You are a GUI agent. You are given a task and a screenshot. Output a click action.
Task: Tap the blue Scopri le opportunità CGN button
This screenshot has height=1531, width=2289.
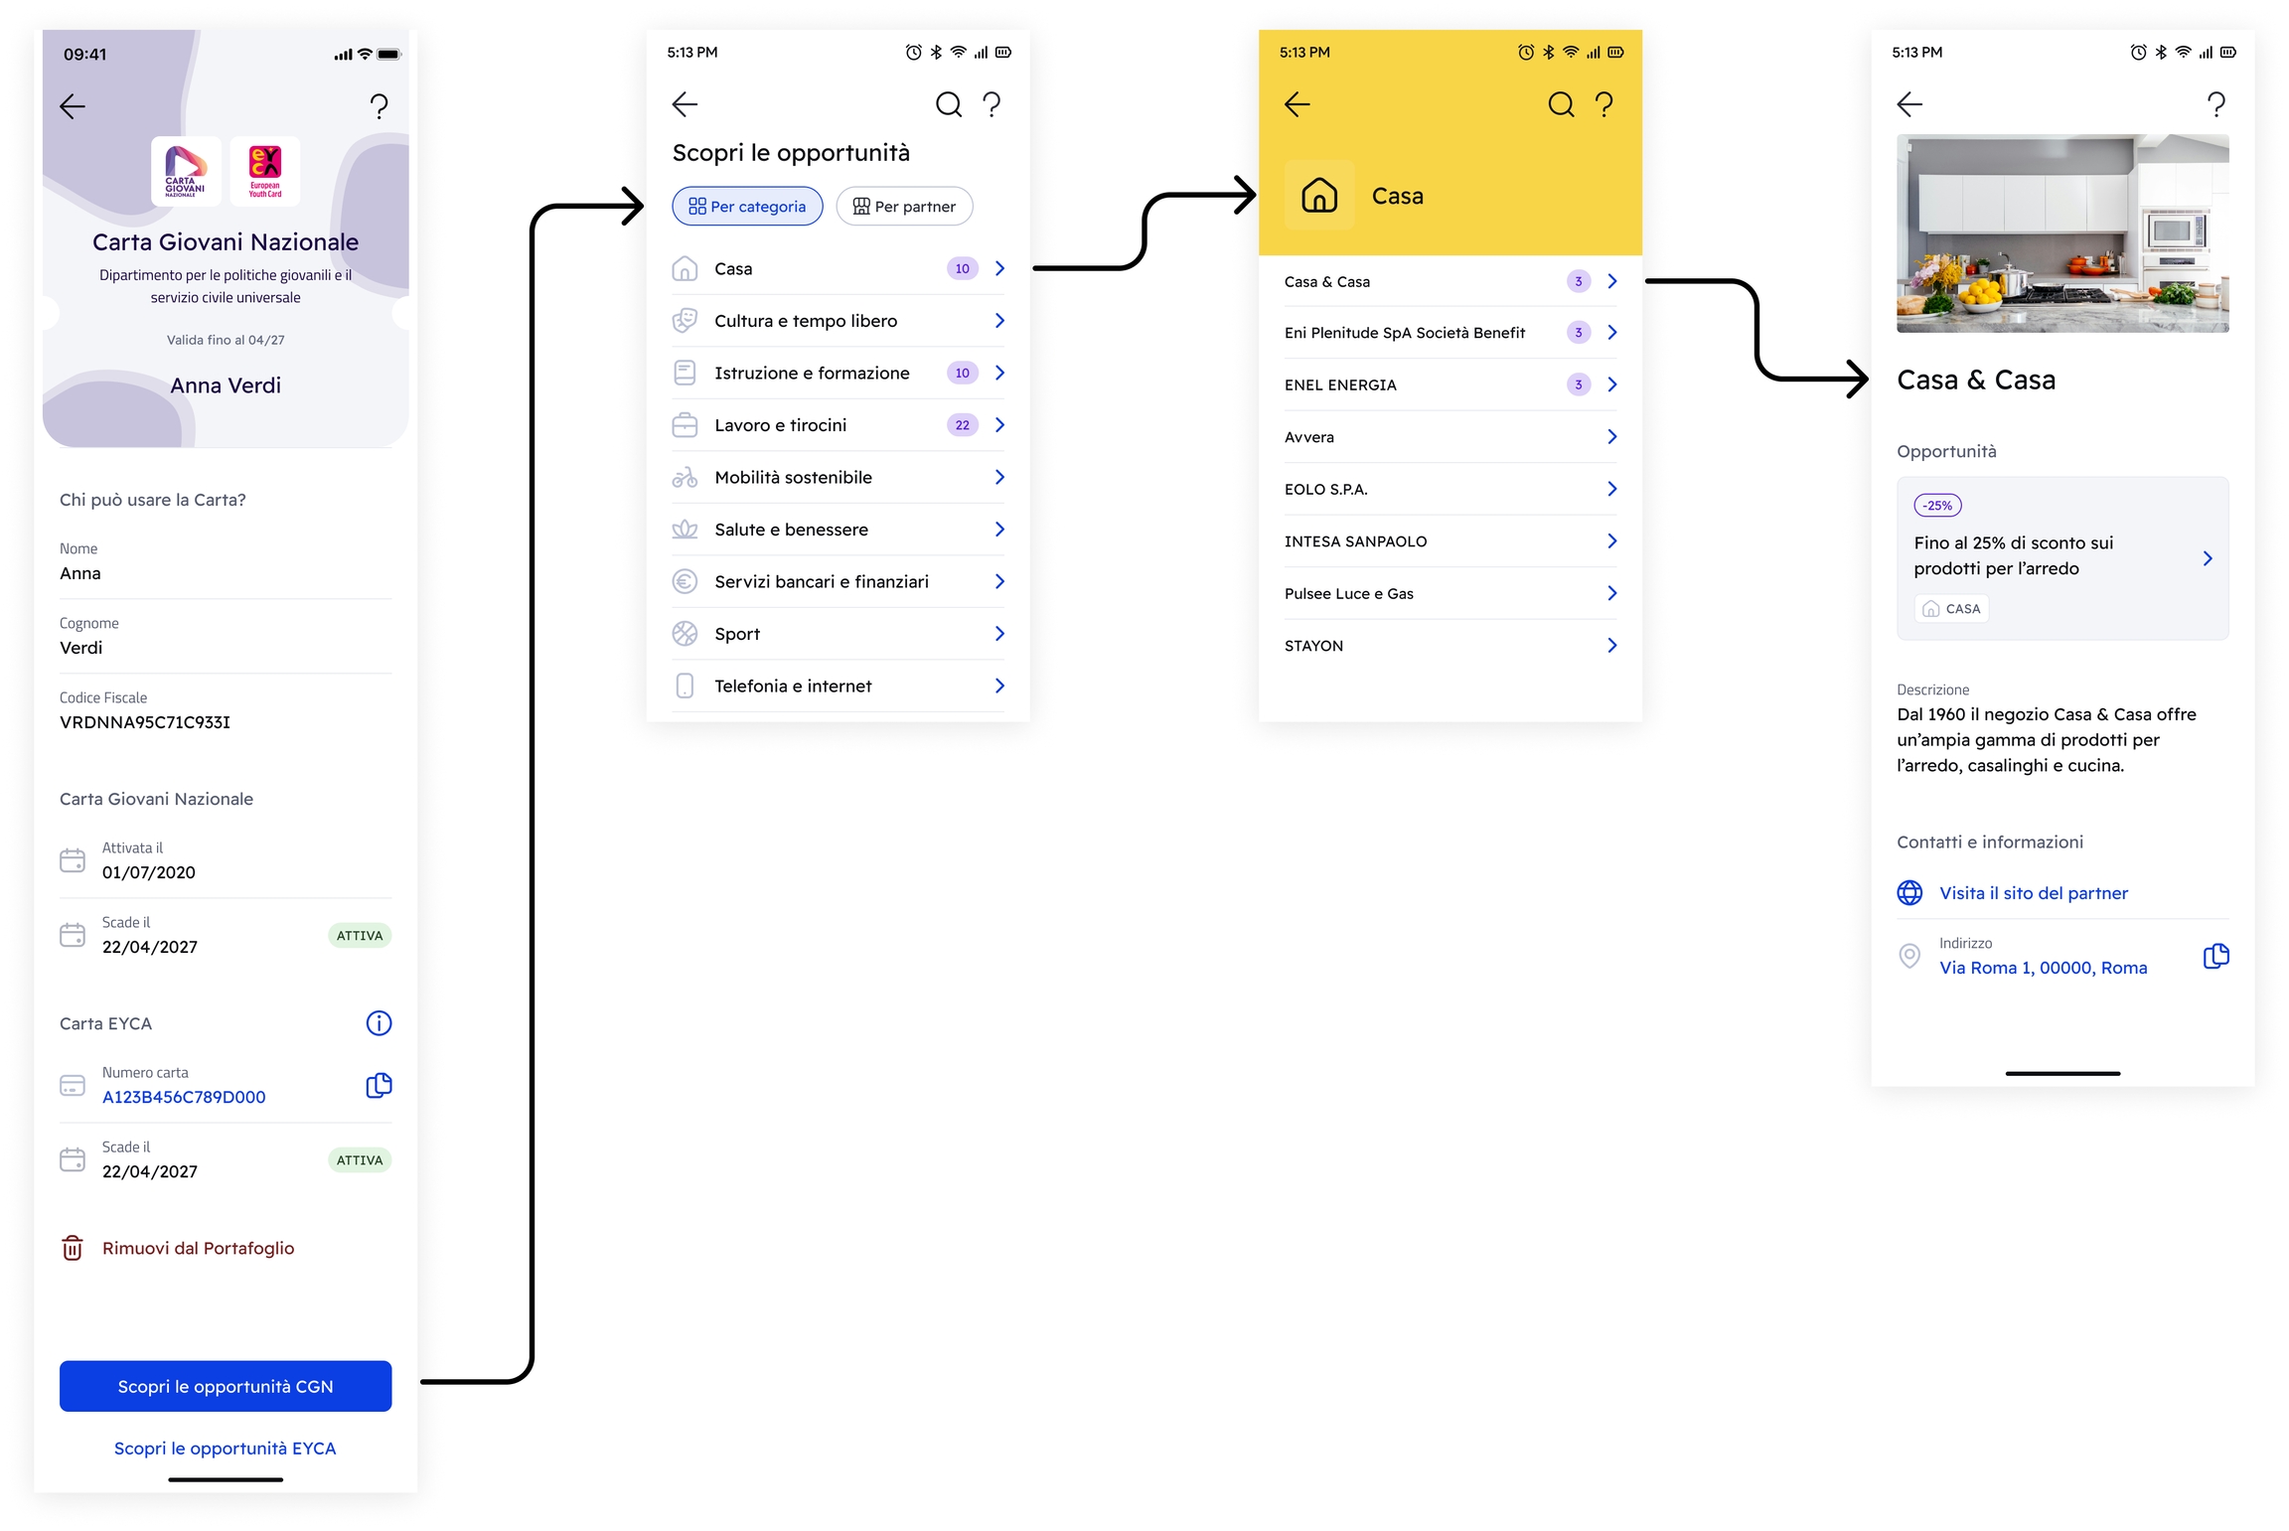(226, 1386)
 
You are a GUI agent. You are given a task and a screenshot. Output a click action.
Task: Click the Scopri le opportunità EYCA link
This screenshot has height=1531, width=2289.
(226, 1449)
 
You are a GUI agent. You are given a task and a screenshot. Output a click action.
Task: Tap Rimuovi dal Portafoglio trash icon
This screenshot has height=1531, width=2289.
(73, 1248)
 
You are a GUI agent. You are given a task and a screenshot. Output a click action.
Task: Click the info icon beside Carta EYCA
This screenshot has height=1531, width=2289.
(379, 1023)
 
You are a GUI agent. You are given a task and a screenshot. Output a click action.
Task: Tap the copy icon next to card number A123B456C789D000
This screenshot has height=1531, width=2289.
(379, 1086)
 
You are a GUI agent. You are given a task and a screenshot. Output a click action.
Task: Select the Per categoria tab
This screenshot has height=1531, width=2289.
(747, 207)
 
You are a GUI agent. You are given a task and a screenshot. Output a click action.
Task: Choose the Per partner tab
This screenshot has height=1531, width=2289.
(904, 207)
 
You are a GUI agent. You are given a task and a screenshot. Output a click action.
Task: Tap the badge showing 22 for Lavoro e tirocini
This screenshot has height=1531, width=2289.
(962, 425)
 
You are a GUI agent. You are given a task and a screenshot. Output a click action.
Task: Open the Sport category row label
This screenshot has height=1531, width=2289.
(737, 634)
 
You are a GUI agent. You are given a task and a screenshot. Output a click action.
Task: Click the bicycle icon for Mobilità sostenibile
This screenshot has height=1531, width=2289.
(685, 478)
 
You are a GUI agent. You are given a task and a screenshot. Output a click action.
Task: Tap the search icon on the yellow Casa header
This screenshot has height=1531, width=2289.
(1561, 104)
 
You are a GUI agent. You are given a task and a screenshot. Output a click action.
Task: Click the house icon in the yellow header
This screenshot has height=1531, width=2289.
(1319, 195)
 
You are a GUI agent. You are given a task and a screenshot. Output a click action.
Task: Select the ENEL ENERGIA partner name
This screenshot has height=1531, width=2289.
(1340, 385)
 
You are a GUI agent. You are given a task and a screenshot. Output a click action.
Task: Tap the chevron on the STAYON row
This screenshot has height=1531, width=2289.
(1611, 646)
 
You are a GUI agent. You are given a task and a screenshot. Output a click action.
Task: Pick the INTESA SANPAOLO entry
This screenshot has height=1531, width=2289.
(1355, 541)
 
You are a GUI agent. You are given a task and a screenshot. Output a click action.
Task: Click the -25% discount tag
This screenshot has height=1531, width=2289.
(1937, 506)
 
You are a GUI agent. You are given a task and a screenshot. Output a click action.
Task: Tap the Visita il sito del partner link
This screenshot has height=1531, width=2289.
(2034, 893)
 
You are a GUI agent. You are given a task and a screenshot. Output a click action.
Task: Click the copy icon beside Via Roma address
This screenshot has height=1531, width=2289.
(2215, 957)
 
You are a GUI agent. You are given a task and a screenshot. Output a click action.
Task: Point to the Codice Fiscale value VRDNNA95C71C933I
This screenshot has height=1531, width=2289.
(145, 722)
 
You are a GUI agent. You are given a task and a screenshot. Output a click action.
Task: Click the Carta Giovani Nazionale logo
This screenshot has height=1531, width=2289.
(186, 171)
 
